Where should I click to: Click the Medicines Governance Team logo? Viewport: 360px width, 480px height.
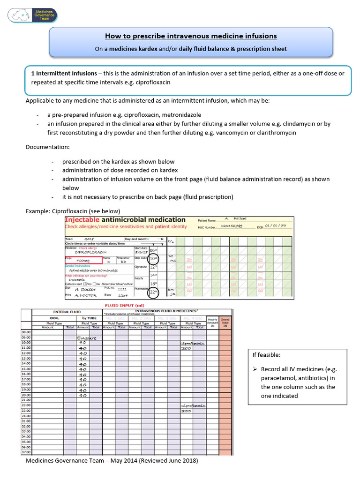click(32, 15)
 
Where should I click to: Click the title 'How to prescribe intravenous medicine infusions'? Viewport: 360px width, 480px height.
click(191, 36)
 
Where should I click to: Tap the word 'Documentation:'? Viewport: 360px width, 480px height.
click(47, 147)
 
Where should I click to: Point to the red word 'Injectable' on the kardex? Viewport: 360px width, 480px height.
click(82, 219)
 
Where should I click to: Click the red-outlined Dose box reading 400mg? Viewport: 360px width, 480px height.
click(83, 260)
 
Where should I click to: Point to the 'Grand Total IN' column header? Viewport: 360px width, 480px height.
click(225, 322)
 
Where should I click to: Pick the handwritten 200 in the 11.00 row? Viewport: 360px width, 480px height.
click(186, 348)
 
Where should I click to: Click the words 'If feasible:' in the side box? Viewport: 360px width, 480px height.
click(267, 355)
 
